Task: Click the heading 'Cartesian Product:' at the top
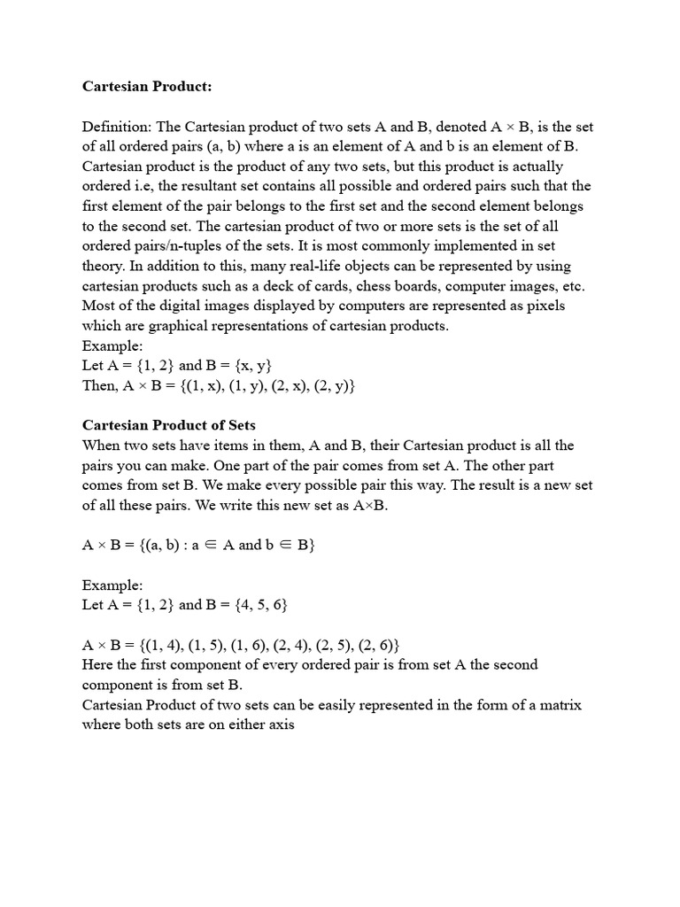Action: tap(148, 87)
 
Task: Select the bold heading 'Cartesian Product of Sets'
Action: tap(169, 426)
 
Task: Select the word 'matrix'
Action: tap(560, 705)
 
